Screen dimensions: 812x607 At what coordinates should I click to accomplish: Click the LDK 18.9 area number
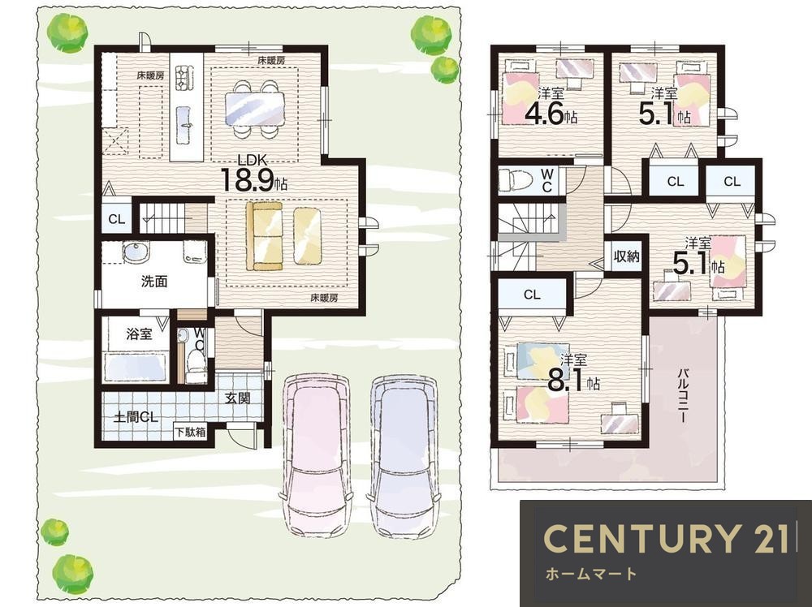pyautogui.click(x=248, y=179)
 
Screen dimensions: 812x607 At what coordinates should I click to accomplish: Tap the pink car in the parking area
pyautogui.click(x=316, y=455)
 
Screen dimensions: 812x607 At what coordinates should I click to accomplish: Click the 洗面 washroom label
pyautogui.click(x=154, y=282)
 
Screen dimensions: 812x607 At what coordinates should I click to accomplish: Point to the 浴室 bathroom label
pyautogui.click(x=140, y=334)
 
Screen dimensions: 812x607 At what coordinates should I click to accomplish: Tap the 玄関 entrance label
pyautogui.click(x=238, y=398)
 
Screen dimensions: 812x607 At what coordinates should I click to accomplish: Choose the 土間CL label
pyautogui.click(x=136, y=417)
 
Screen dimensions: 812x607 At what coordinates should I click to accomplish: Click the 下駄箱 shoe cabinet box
pyautogui.click(x=189, y=432)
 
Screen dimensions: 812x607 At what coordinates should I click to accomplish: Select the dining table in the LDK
pyautogui.click(x=255, y=110)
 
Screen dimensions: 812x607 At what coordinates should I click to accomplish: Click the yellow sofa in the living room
pyautogui.click(x=265, y=236)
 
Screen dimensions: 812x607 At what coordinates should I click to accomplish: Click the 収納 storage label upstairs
pyautogui.click(x=626, y=256)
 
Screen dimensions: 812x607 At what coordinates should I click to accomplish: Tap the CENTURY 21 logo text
pyautogui.click(x=667, y=538)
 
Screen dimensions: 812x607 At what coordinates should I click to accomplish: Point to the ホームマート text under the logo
pyautogui.click(x=591, y=574)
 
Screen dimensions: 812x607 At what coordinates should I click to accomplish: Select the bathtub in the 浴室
pyautogui.click(x=136, y=367)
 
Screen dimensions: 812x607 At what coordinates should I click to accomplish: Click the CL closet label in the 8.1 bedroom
pyautogui.click(x=532, y=295)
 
